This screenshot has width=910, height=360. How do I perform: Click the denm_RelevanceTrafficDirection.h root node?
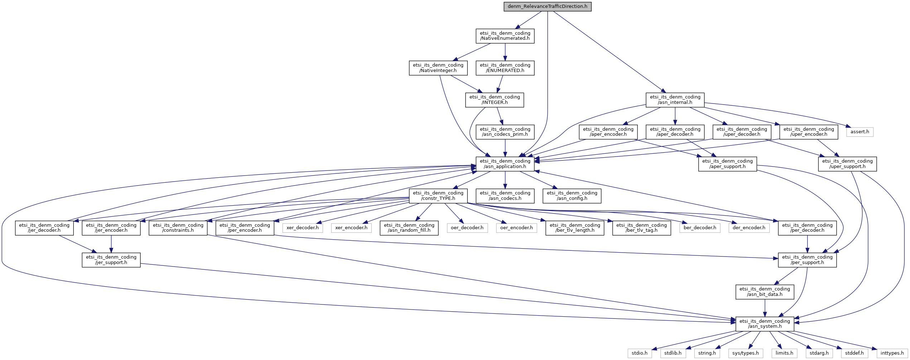pyautogui.click(x=548, y=6)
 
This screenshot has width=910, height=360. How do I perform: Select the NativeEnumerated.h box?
pyautogui.click(x=505, y=36)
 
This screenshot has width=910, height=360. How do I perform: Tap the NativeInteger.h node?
pyautogui.click(x=438, y=68)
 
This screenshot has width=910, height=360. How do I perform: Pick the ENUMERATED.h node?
pyautogui.click(x=505, y=68)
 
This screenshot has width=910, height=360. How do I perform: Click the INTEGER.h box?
pyautogui.click(x=495, y=100)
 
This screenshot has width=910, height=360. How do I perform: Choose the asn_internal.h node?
pyautogui.click(x=675, y=100)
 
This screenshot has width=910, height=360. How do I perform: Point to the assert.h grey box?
pyautogui.click(x=860, y=132)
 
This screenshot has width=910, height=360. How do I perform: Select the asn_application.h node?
pyautogui.click(x=505, y=164)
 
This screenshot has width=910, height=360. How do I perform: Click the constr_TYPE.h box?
pyautogui.click(x=438, y=196)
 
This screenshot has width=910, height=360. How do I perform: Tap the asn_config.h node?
pyautogui.click(x=572, y=196)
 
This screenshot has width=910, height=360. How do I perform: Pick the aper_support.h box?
pyautogui.click(x=727, y=164)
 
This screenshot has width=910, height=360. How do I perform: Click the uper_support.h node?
pyautogui.click(x=847, y=164)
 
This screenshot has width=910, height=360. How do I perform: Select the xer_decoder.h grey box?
pyautogui.click(x=303, y=228)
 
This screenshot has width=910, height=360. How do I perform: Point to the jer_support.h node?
pyautogui.click(x=111, y=260)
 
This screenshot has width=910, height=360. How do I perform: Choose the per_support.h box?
pyautogui.click(x=807, y=260)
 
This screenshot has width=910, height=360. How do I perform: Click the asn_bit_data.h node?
pyautogui.click(x=765, y=292)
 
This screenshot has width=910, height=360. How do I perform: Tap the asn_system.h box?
pyautogui.click(x=765, y=323)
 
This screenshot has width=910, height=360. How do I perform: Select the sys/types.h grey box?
pyautogui.click(x=746, y=353)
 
